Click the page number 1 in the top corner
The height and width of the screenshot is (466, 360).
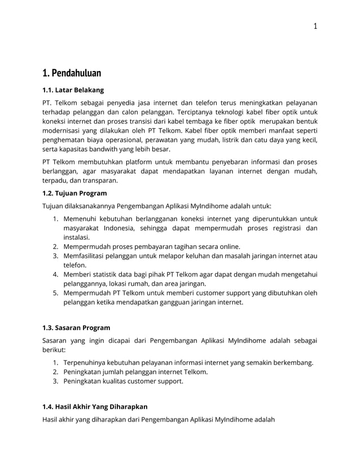click(315, 25)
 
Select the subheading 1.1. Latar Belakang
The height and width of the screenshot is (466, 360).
click(73, 90)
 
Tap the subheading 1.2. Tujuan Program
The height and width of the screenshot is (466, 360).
click(74, 193)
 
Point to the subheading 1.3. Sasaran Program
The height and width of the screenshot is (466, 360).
click(76, 327)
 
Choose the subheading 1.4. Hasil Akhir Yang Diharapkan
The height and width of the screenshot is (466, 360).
click(95, 406)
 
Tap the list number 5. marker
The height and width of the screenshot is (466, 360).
click(56, 293)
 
